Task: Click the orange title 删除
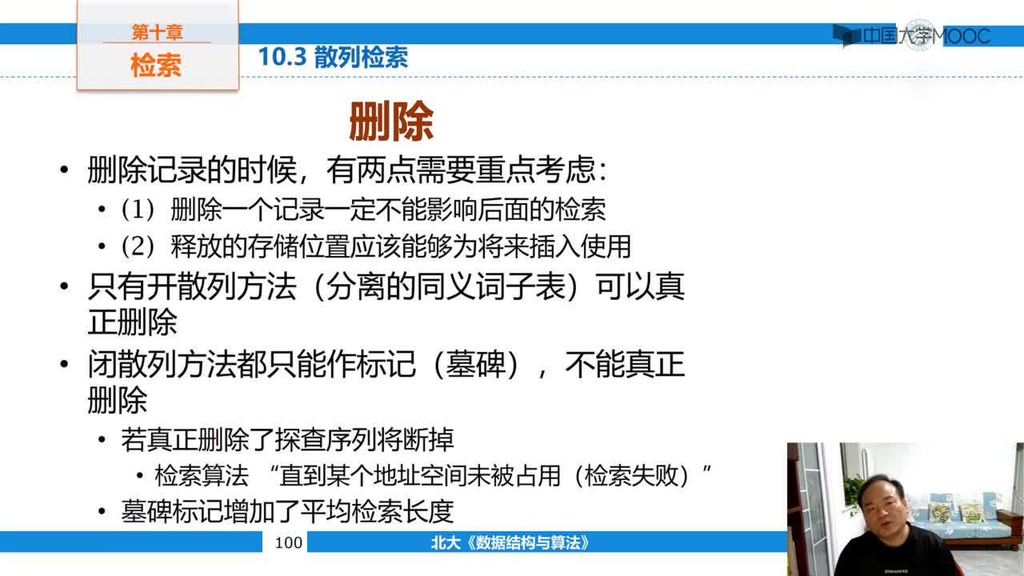pos(391,121)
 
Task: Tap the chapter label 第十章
pos(158,32)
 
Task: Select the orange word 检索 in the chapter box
pos(156,65)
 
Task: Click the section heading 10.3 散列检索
pos(333,57)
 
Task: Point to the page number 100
pos(289,542)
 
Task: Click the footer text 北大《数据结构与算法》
pos(510,542)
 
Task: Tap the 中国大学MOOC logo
pos(912,35)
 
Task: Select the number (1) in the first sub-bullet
pos(138,210)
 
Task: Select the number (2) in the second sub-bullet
pos(138,246)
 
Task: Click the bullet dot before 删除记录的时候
pos(64,170)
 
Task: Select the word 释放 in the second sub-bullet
pos(196,246)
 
